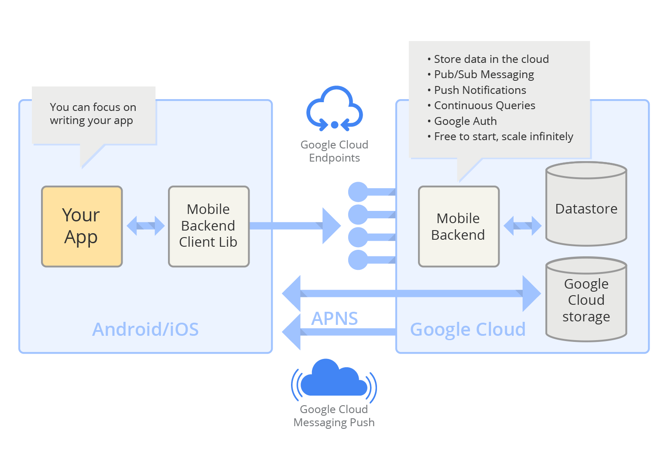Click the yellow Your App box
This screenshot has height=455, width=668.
[x=82, y=226]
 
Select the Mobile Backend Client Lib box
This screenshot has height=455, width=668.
[x=209, y=226]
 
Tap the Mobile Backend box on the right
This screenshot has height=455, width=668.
[x=458, y=226]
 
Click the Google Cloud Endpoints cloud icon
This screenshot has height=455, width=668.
[x=334, y=109]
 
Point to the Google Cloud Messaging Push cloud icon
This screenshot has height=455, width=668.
[x=334, y=379]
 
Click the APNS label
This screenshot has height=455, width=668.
[x=334, y=318]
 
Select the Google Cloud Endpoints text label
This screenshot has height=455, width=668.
[x=334, y=151]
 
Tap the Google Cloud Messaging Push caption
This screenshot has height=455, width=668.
[x=334, y=416]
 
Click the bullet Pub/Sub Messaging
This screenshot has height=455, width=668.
[x=483, y=75]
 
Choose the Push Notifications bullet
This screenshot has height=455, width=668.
[x=480, y=90]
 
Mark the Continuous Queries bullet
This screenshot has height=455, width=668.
[x=484, y=106]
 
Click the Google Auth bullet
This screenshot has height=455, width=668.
[x=465, y=121]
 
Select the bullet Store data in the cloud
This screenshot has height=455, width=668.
[x=491, y=59]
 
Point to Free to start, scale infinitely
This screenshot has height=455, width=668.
[x=503, y=137]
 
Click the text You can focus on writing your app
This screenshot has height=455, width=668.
[x=92, y=114]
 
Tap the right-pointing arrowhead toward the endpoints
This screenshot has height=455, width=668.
[x=331, y=226]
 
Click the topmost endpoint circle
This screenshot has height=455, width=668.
[x=358, y=192]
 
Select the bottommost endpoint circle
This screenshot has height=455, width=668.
[x=358, y=260]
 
